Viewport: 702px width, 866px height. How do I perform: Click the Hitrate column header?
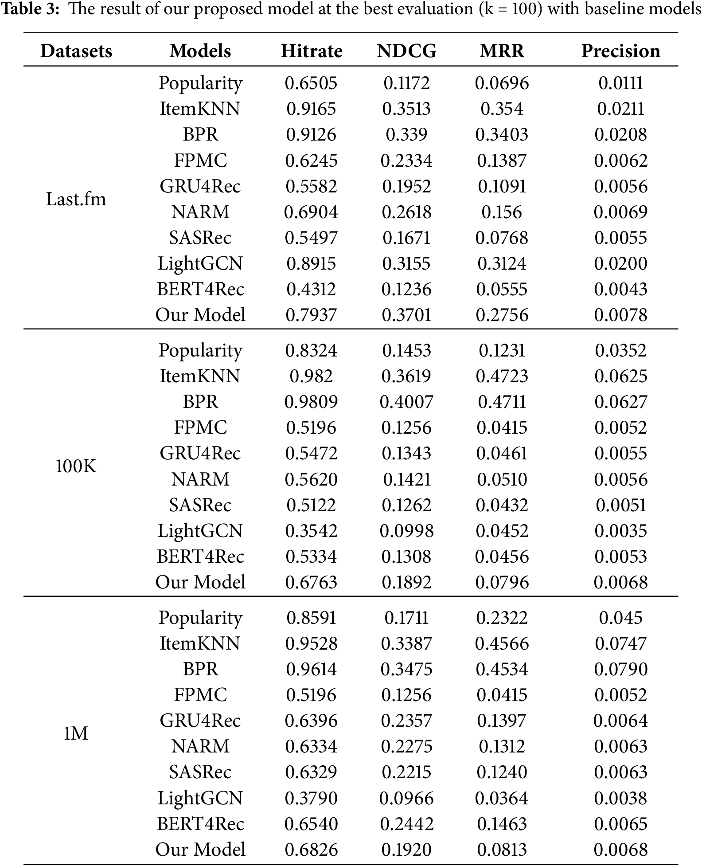pyautogui.click(x=312, y=51)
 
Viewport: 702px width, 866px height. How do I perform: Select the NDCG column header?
pyautogui.click(x=406, y=51)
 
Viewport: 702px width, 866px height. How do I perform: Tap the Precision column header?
pyautogui.click(x=620, y=51)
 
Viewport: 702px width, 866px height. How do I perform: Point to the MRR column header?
pyautogui.click(x=502, y=51)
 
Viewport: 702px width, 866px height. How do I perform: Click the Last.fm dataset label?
pyautogui.click(x=76, y=199)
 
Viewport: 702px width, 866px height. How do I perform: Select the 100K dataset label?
pyautogui.click(x=76, y=466)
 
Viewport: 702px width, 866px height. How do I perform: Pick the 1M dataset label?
pyautogui.click(x=76, y=734)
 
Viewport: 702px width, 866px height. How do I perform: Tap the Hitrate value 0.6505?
pyautogui.click(x=311, y=83)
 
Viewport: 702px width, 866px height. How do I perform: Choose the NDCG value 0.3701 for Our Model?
pyautogui.click(x=406, y=315)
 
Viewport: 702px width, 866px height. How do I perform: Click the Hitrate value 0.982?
pyautogui.click(x=311, y=376)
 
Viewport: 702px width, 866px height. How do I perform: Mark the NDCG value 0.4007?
pyautogui.click(x=406, y=402)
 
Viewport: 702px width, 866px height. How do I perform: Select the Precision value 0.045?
pyautogui.click(x=620, y=618)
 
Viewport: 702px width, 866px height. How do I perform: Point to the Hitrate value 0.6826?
pyautogui.click(x=311, y=850)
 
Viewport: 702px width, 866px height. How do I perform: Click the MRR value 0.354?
pyautogui.click(x=502, y=109)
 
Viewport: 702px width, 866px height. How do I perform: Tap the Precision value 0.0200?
pyautogui.click(x=620, y=263)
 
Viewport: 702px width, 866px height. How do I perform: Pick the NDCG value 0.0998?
pyautogui.click(x=406, y=531)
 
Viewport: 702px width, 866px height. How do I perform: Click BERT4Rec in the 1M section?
pyautogui.click(x=200, y=824)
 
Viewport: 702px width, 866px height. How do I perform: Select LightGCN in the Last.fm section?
pyautogui.click(x=200, y=263)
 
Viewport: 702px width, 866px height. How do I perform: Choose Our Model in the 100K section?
pyautogui.click(x=200, y=582)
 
